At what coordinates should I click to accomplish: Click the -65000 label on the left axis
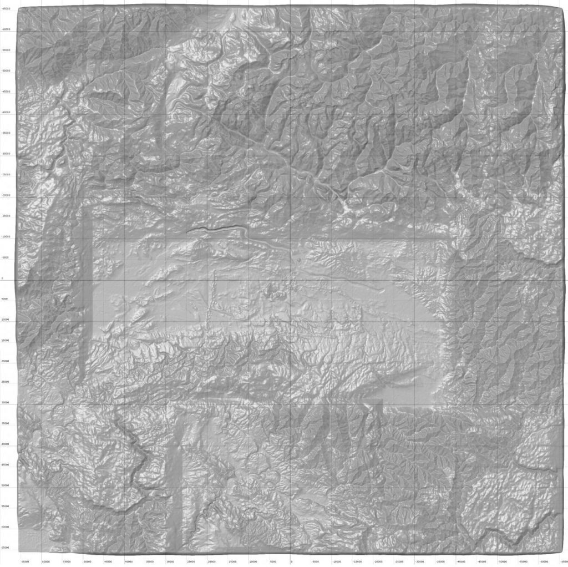6,8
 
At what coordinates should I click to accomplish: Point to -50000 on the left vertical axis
6,71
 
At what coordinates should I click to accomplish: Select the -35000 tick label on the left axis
6,133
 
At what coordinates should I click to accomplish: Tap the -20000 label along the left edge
6,195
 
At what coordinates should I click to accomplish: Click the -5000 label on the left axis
6,257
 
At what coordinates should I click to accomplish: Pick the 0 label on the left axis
2,279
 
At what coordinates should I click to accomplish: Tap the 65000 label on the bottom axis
25,561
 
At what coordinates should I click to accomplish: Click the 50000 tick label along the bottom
87,561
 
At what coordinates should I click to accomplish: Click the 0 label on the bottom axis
291,561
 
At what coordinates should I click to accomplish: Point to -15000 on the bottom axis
353,561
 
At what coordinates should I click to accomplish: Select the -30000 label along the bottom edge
414,561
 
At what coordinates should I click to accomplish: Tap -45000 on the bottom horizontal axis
476,561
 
